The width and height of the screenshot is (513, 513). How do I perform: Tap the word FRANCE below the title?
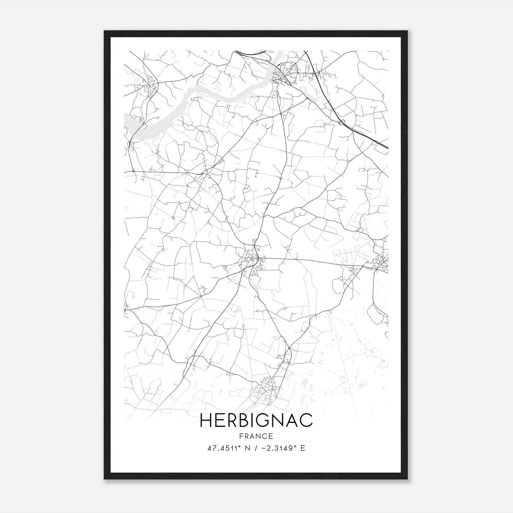point(256,436)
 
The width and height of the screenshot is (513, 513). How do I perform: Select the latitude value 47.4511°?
point(224,448)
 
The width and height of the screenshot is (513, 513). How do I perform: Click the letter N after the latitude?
point(247,448)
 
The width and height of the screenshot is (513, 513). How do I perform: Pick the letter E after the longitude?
point(303,448)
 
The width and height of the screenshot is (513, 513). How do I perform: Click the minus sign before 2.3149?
point(264,448)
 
